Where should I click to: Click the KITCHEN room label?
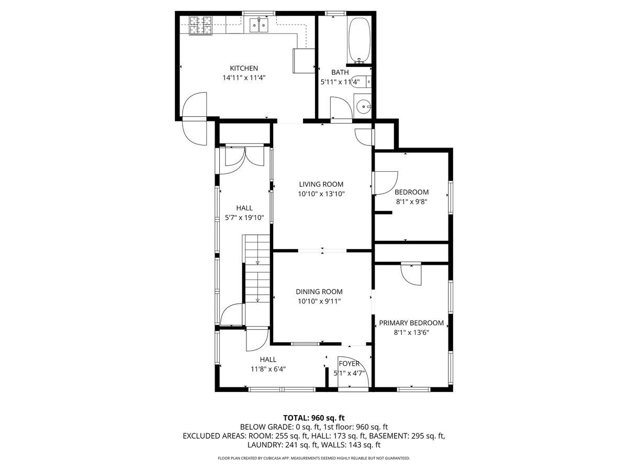[244, 68]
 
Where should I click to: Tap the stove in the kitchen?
[201, 25]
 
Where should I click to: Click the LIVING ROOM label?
[321, 184]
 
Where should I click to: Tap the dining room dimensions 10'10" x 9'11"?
[319, 301]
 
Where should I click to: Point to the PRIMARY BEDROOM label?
[411, 323]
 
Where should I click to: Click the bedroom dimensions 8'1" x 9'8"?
[411, 201]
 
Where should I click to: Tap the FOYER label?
[349, 363]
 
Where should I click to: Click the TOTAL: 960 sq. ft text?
[313, 418]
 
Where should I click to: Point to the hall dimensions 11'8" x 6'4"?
[268, 368]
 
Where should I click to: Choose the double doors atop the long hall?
[244, 156]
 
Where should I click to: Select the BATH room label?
[340, 72]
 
